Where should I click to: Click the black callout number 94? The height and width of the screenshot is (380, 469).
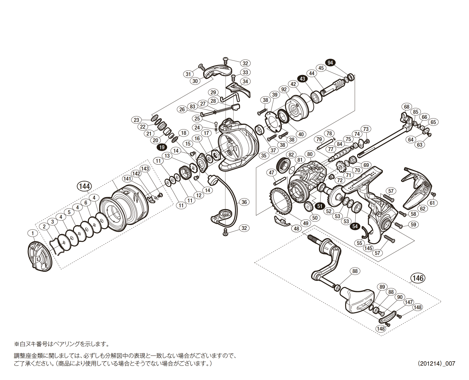pyautogui.click(x=330, y=63)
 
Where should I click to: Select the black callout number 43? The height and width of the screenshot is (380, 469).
pyautogui.click(x=302, y=79)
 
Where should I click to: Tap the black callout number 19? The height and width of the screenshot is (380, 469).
pyautogui.click(x=162, y=147)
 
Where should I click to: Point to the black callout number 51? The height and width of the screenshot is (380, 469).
pyautogui.click(x=320, y=206)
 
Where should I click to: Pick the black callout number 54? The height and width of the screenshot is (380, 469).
pyautogui.click(x=355, y=226)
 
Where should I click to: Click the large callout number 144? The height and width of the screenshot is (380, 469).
pyautogui.click(x=84, y=186)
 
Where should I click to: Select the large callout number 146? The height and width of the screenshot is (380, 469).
pyautogui.click(x=418, y=278)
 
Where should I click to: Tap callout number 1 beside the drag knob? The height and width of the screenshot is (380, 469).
pyautogui.click(x=33, y=233)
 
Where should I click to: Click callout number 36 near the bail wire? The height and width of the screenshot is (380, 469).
pyautogui.click(x=244, y=202)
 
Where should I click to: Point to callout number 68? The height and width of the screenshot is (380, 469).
pyautogui.click(x=407, y=107)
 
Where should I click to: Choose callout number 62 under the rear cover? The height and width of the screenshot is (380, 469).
pyautogui.click(x=422, y=209)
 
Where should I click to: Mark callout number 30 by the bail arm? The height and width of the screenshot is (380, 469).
pyautogui.click(x=195, y=81)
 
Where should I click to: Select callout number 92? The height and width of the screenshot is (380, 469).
pyautogui.click(x=284, y=90)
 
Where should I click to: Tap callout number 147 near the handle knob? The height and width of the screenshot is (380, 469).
pyautogui.click(x=409, y=302)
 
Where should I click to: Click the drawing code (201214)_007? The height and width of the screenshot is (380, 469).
pyautogui.click(x=436, y=363)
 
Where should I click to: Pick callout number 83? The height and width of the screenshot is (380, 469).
pyautogui.click(x=192, y=106)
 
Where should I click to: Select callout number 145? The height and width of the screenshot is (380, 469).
pyautogui.click(x=368, y=248)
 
